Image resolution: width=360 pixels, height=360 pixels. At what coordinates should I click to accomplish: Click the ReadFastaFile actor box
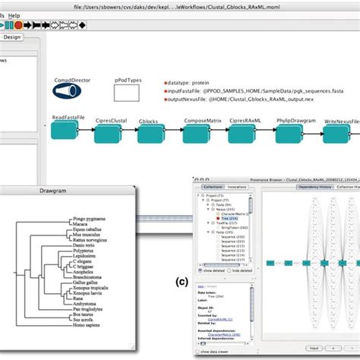coord(65,131)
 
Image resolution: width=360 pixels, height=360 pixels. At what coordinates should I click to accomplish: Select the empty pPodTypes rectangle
coord(128,93)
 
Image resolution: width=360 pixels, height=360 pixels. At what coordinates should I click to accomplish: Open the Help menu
coord(15,15)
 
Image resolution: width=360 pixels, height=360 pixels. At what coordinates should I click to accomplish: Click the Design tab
coord(13,36)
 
